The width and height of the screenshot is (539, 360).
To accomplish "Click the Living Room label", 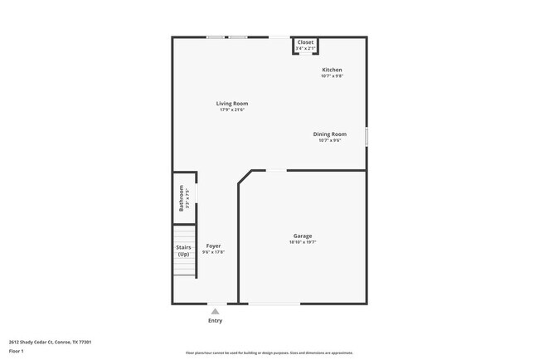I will click(233, 104).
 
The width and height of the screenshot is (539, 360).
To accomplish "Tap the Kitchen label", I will click(332, 70).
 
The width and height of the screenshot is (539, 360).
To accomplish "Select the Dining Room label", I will click(330, 134).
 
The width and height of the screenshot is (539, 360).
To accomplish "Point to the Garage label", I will click(303, 236).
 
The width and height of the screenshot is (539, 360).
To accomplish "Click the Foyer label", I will click(214, 246).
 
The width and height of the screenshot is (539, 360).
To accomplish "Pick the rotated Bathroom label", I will click(182, 197).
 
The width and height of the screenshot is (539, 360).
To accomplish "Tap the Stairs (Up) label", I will click(183, 251).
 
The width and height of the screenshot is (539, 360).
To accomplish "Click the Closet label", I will click(306, 41).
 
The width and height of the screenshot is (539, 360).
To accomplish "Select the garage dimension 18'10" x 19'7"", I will click(303, 243).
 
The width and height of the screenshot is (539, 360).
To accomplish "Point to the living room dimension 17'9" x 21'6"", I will click(233, 110).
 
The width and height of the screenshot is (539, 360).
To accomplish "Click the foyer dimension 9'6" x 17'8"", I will click(214, 252).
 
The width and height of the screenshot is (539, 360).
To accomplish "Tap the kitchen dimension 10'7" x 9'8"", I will click(332, 76).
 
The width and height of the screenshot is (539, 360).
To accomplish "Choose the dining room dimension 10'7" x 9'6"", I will click(330, 141).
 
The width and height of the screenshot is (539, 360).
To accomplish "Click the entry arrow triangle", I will click(215, 311).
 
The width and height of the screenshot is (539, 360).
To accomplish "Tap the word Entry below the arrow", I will click(215, 320).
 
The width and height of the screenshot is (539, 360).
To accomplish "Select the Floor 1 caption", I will click(17, 351).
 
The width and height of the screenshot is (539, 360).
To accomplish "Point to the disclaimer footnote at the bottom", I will click(269, 352).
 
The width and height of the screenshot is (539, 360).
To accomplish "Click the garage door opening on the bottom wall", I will click(274, 304).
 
